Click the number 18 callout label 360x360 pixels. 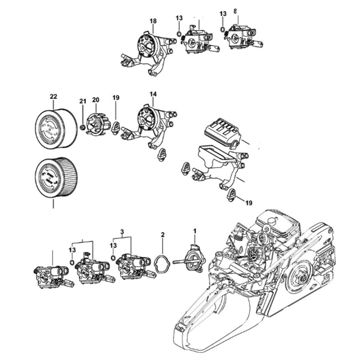153,21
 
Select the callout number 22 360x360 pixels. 54,97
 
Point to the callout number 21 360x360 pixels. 83,101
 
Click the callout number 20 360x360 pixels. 96,100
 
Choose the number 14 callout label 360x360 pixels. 153,94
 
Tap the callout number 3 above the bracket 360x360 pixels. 122,231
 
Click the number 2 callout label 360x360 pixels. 163,234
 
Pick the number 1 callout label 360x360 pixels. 195,231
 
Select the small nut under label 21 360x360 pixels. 82,127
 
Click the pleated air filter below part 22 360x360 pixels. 57,177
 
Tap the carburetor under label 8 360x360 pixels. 243,37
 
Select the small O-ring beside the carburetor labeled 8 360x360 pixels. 223,29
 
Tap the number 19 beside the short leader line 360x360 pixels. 249,203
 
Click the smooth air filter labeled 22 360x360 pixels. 57,129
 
